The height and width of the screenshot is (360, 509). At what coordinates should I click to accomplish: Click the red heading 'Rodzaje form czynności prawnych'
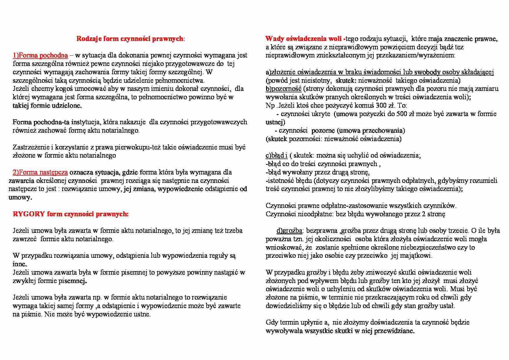pos(130,39)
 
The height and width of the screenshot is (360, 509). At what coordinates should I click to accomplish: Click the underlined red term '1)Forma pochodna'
pos(40,55)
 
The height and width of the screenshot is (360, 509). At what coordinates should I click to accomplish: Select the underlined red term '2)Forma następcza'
pos(40,172)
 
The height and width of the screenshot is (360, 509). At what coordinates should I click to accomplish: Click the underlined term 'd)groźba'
pos(289,231)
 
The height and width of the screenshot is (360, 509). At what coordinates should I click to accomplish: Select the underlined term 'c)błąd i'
pos(277,156)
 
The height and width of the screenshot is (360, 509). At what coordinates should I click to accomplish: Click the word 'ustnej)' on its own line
pos(275,122)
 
